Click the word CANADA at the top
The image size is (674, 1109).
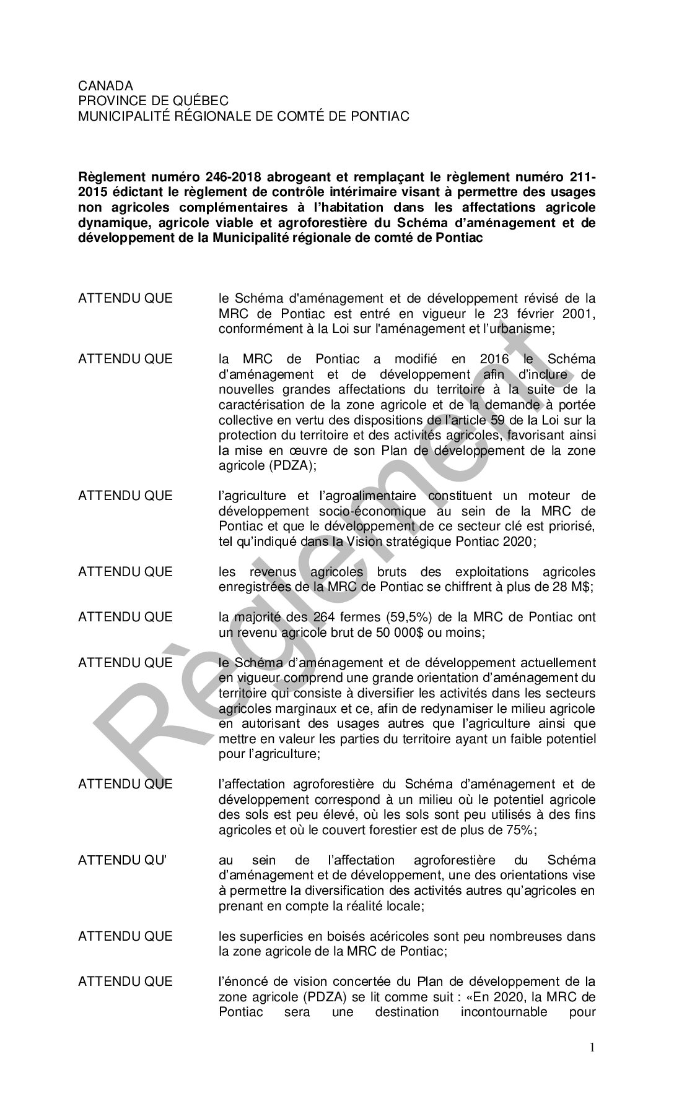(105, 86)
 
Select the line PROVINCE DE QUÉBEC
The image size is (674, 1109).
(153, 101)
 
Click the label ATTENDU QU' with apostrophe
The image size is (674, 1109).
(124, 860)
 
